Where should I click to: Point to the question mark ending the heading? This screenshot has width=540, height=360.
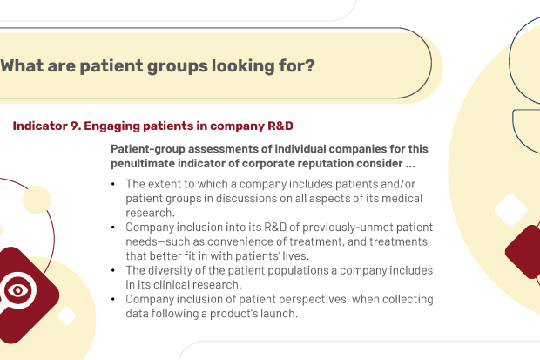(309, 65)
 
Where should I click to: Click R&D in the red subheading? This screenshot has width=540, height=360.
(280, 126)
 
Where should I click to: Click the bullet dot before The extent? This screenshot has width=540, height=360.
(113, 184)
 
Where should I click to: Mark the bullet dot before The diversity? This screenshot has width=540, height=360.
(113, 271)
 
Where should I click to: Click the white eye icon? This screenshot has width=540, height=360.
(18, 290)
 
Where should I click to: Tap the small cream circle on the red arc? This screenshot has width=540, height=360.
(37, 200)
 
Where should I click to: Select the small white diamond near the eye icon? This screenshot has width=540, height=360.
(66, 316)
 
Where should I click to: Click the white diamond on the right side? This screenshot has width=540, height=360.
(510, 210)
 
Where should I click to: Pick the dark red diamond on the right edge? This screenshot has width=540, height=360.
(523, 252)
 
